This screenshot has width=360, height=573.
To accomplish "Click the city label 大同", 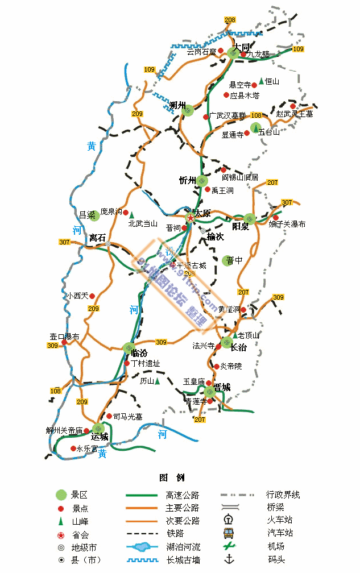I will pos(241,47).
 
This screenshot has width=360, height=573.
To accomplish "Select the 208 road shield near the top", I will pos(230,20).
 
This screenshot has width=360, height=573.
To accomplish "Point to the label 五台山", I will pos(270,132).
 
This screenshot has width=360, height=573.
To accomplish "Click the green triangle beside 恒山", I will pos(261,81).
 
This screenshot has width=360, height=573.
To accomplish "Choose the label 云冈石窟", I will pos(201,52).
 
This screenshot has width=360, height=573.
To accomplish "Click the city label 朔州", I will pos(178,105).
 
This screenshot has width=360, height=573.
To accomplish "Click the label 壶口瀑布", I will pos(64,337).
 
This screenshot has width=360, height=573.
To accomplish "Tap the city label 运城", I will pos(100,437).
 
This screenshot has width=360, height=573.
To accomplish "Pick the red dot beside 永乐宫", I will pos(73,449).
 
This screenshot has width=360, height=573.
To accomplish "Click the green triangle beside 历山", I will pos(158,381).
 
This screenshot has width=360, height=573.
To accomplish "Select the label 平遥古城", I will pos(191,265).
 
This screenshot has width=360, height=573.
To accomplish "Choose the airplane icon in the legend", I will pos(228,546).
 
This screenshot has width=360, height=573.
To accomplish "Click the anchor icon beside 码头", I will pos(228,559).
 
